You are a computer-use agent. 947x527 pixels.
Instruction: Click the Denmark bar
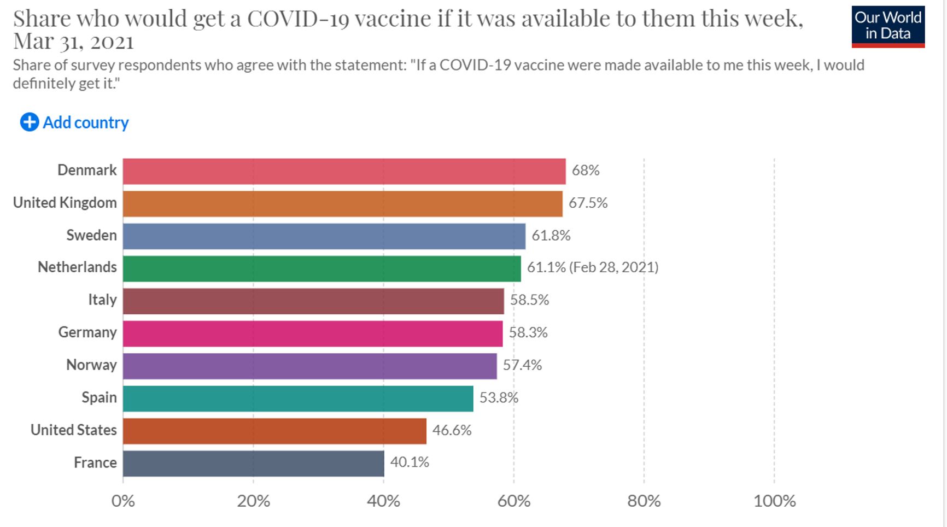tap(344, 171)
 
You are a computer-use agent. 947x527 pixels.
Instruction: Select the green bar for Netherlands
tap(321, 268)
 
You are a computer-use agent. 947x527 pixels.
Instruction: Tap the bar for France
tap(253, 463)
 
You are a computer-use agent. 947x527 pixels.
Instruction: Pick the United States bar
tap(274, 431)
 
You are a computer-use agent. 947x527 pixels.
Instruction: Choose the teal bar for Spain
tap(298, 399)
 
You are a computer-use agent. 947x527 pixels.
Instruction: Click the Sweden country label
tap(91, 236)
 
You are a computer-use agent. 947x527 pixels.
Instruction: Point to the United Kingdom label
tap(65, 203)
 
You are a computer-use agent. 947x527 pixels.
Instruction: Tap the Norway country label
tap(91, 365)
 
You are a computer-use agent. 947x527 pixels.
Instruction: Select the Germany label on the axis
tap(87, 332)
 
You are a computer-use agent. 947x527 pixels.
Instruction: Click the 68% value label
tap(585, 171)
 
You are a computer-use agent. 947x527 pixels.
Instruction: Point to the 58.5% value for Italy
tap(529, 300)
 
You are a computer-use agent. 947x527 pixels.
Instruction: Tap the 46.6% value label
tap(452, 430)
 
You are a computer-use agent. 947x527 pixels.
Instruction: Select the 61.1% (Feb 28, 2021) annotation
tap(592, 267)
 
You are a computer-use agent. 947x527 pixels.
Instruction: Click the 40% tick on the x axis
tap(383, 501)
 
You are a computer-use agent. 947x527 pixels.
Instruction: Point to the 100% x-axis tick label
tap(774, 501)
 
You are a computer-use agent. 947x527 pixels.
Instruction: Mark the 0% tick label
tap(123, 501)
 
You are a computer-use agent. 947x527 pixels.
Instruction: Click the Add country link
tap(85, 122)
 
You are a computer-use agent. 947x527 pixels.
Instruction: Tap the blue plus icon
tap(30, 122)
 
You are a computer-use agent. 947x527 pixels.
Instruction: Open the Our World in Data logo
tap(887, 26)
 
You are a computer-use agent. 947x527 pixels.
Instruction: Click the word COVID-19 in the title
tap(297, 19)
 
